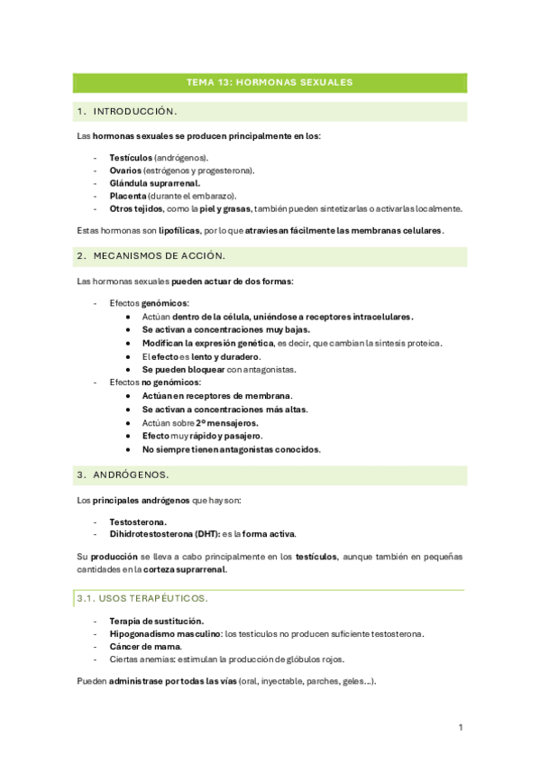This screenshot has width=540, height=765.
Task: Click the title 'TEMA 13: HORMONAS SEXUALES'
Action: pyautogui.click(x=269, y=82)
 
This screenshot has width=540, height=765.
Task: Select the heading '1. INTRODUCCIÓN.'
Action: pyautogui.click(x=128, y=112)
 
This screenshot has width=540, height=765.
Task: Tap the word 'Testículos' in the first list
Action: pyautogui.click(x=131, y=157)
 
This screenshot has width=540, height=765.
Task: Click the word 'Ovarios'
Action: pyautogui.click(x=124, y=170)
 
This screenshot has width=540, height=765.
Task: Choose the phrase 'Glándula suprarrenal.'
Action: pyautogui.click(x=154, y=182)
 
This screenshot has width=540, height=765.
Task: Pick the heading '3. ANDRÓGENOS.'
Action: pyautogui.click(x=124, y=475)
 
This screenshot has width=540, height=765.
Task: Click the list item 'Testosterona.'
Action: pyautogui.click(x=140, y=521)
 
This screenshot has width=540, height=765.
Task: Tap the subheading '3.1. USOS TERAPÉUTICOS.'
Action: pyautogui.click(x=142, y=598)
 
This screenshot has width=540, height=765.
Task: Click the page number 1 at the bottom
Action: pyautogui.click(x=461, y=727)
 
